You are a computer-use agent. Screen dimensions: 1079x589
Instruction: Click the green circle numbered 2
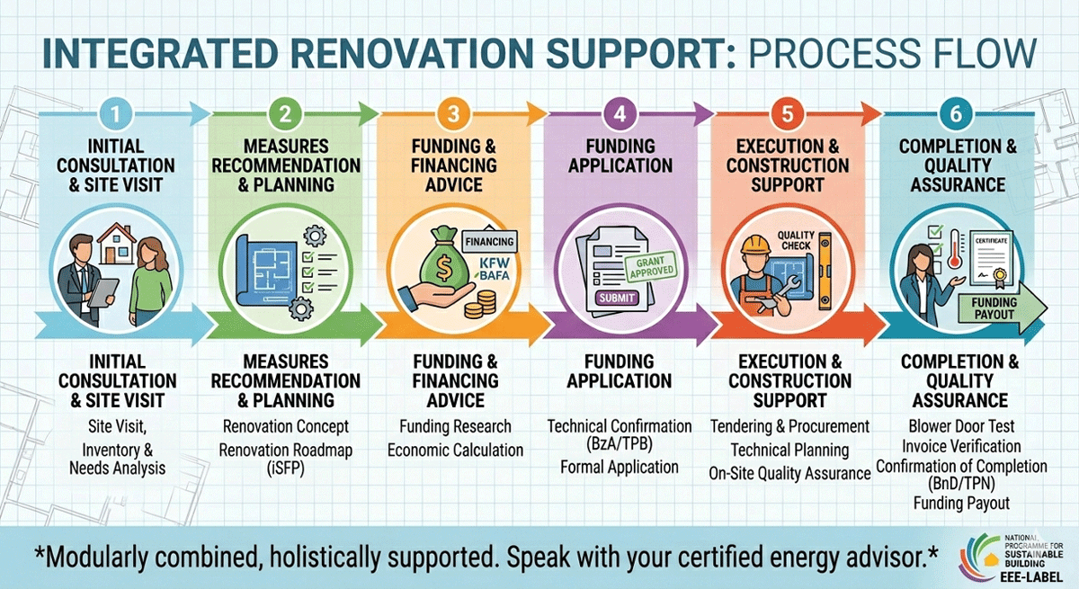(285, 114)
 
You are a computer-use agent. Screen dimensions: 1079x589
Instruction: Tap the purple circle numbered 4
(620, 114)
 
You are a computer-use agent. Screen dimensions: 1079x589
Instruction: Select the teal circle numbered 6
(956, 114)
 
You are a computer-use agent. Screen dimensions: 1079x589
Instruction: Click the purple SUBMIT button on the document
(617, 298)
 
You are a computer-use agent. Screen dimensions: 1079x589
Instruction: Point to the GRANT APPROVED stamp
(651, 266)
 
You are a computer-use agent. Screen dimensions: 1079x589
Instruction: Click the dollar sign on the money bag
(443, 269)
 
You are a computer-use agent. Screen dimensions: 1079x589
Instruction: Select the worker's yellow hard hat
(755, 245)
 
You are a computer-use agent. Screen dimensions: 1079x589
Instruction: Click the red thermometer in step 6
(954, 249)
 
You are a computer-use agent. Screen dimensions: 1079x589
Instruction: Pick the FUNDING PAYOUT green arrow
(1001, 308)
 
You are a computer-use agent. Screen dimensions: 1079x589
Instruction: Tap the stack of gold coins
(480, 305)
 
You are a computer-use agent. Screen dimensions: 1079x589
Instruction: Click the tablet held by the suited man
(103, 292)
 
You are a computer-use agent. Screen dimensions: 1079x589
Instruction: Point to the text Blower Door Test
(961, 426)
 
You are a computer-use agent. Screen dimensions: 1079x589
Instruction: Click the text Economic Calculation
(455, 451)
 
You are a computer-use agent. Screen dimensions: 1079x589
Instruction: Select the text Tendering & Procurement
(789, 426)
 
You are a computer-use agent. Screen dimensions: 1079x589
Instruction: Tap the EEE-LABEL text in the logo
(1030, 577)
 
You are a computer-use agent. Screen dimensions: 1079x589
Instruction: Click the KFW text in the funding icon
(495, 263)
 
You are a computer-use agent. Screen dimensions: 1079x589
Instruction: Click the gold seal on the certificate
(1000, 275)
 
